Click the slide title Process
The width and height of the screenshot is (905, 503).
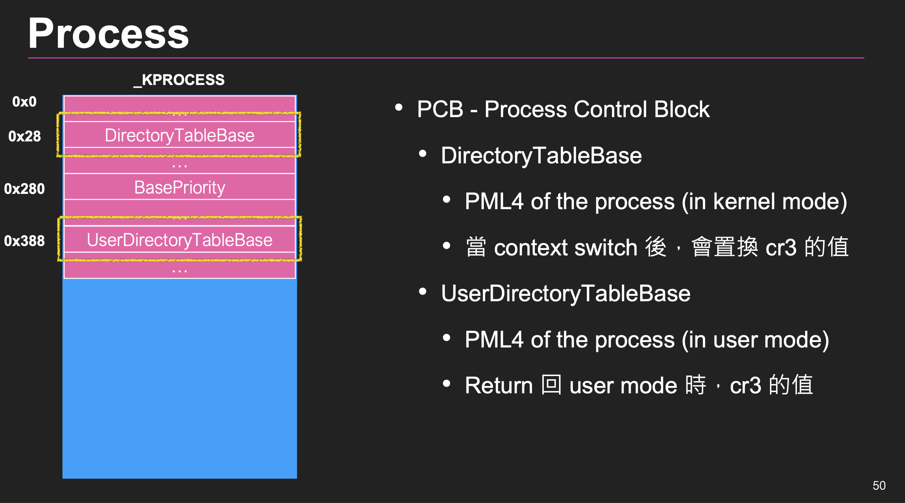109,34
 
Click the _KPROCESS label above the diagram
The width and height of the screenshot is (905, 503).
179,80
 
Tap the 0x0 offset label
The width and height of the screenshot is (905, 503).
24,102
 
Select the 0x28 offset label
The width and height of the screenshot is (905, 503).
24,136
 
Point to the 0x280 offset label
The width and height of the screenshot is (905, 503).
24,189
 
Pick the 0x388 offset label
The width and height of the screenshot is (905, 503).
24,241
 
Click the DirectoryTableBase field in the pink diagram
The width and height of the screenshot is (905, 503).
179,136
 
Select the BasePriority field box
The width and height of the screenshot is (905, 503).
179,187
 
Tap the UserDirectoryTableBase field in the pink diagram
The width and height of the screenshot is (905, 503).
179,240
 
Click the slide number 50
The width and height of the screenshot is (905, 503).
879,485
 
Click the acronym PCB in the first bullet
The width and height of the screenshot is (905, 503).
440,109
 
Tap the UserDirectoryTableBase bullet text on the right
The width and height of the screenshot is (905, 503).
565,294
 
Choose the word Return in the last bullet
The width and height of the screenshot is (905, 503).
498,385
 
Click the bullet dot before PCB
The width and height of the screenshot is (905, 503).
399,107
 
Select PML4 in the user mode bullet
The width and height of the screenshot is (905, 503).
494,340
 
